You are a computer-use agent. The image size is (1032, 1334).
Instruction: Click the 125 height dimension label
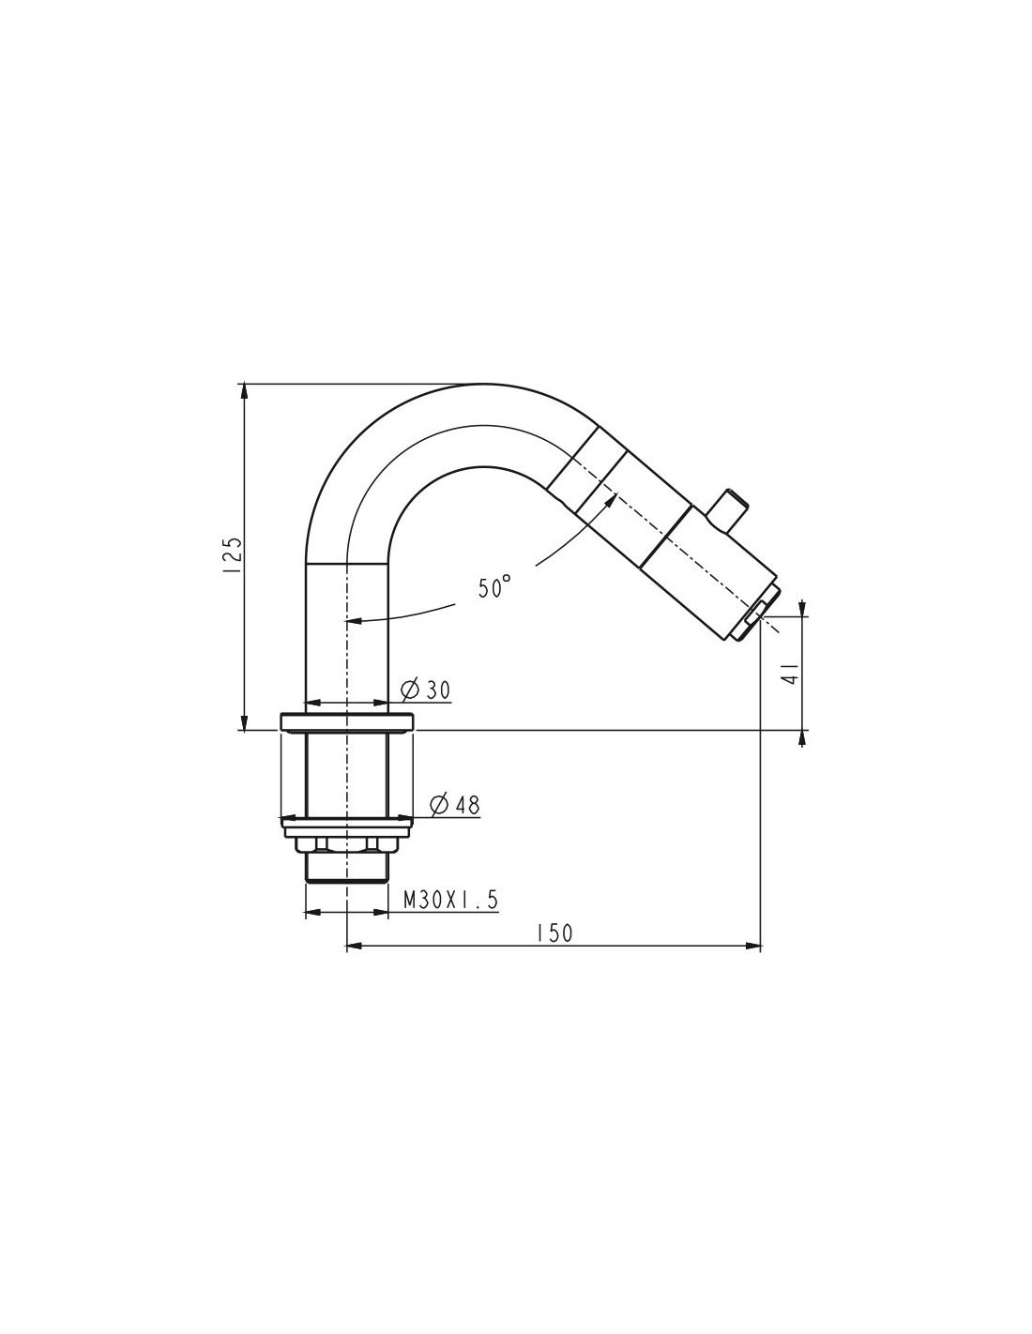pyautogui.click(x=234, y=555)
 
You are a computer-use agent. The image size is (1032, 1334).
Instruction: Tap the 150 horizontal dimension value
pyautogui.click(x=554, y=950)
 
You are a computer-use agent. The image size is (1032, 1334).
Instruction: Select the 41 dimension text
pyautogui.click(x=791, y=675)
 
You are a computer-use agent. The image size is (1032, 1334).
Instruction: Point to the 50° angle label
pyautogui.click(x=494, y=587)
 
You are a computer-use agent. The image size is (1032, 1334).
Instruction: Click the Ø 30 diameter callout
pyautogui.click(x=425, y=690)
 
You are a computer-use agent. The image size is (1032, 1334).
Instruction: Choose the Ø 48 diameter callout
pyautogui.click(x=455, y=805)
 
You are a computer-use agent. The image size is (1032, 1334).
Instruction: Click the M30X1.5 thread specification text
pyautogui.click(x=450, y=900)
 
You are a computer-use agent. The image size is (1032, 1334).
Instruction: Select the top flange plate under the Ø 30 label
pyautogui.click(x=347, y=721)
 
